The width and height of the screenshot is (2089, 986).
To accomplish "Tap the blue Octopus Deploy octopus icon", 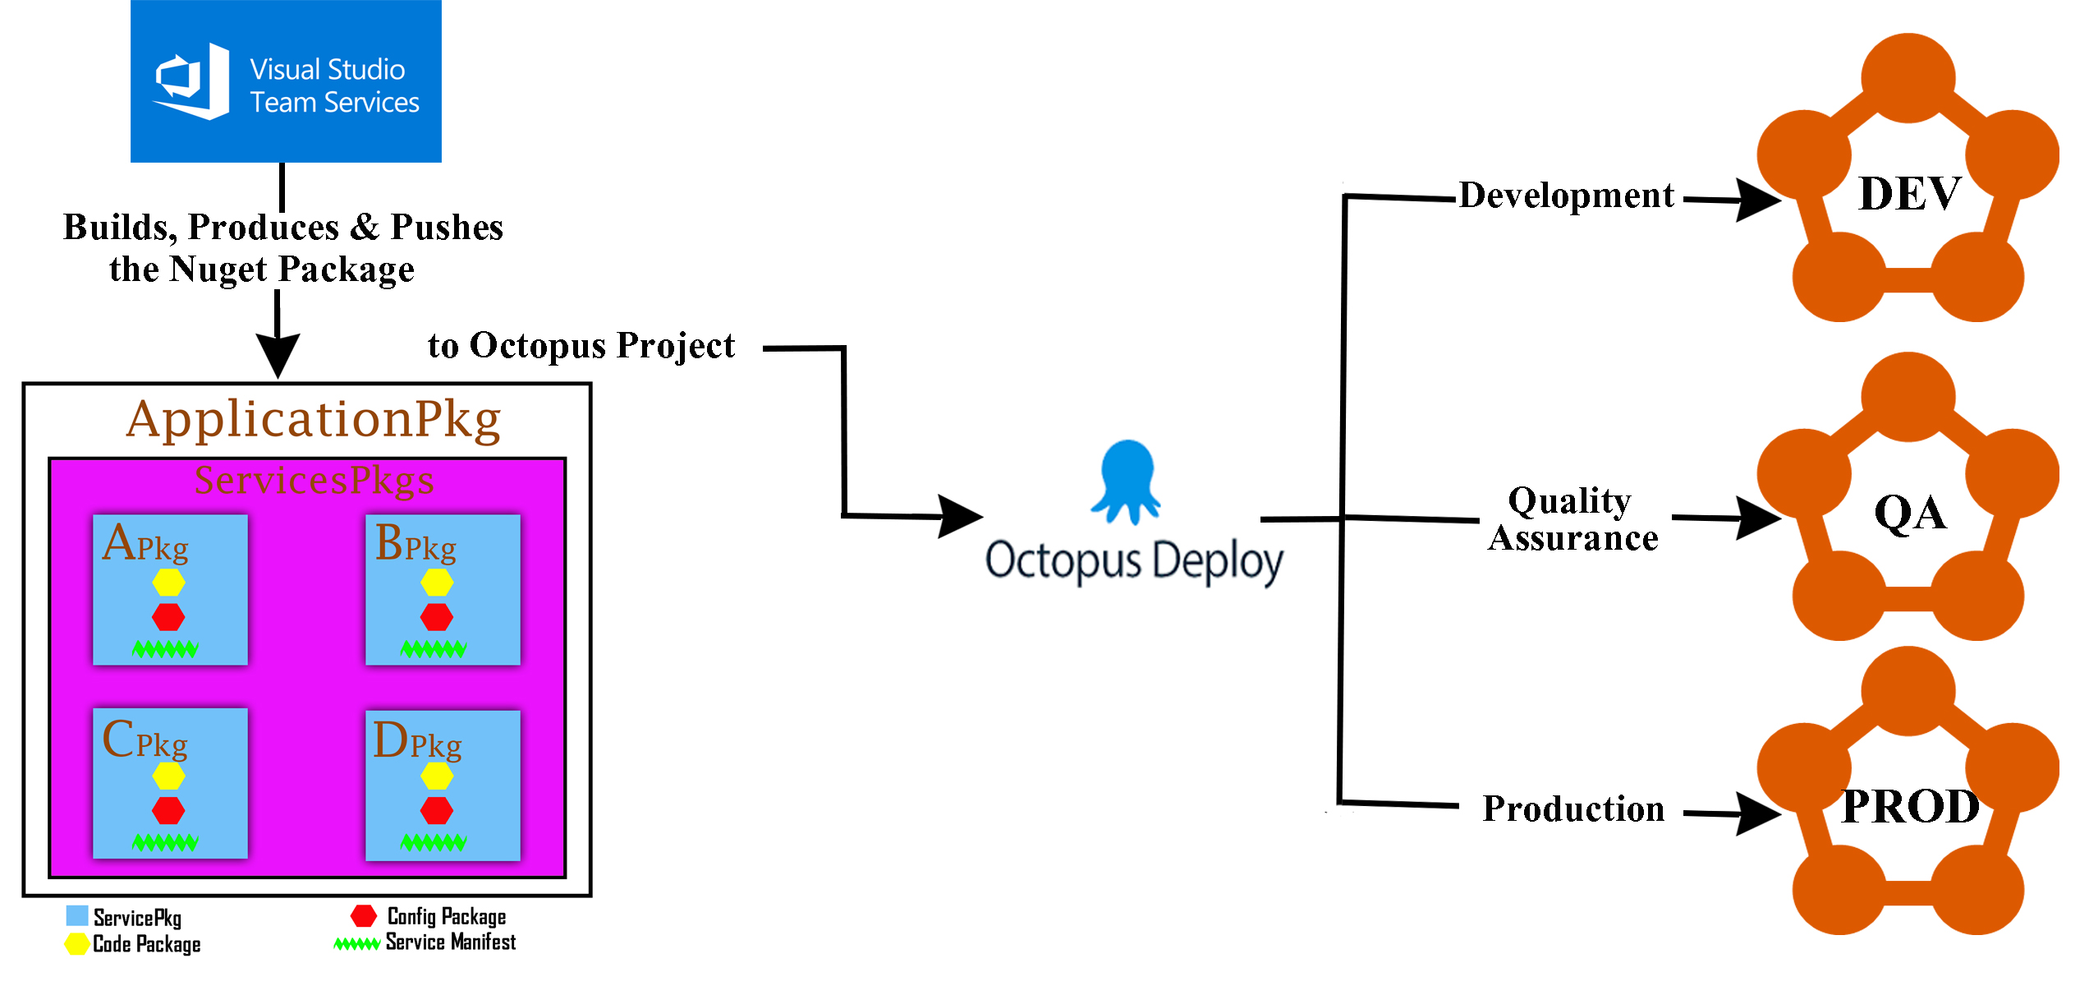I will point(1127,480).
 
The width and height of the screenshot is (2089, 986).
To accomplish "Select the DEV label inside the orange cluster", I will point(1910,194).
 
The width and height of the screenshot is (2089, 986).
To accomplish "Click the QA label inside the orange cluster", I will point(1910,513).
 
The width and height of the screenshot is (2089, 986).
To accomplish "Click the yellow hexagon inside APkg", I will point(168,583).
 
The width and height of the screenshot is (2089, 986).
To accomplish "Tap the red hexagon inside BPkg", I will point(437,617).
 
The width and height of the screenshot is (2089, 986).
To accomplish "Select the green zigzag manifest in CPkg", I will point(165,842).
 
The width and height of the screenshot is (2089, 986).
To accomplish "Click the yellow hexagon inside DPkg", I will point(437,776).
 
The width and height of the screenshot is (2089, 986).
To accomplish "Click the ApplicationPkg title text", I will point(314,420).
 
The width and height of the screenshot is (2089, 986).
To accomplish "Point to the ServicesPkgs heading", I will point(314,480).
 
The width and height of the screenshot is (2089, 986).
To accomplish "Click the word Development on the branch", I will point(1566,196).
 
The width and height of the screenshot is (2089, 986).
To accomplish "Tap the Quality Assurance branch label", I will point(1572,519).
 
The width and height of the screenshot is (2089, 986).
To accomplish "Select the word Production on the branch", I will point(1573,809).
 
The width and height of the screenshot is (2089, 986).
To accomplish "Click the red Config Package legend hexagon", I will point(364,916).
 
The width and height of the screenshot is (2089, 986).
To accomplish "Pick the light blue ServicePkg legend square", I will point(77,916).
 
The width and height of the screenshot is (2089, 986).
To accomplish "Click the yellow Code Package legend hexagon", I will point(77,944).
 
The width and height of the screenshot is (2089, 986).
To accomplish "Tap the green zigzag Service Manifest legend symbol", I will point(356,944).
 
